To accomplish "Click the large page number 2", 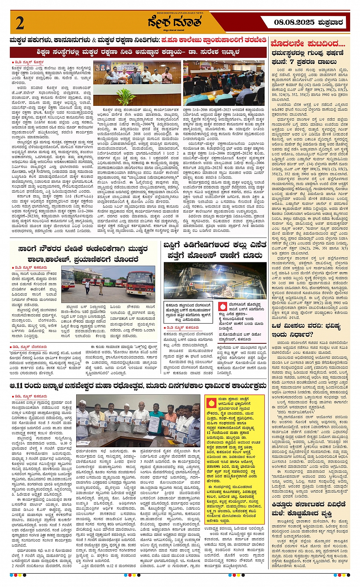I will click(x=20, y=23).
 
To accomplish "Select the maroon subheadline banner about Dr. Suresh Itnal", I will click(x=138, y=52).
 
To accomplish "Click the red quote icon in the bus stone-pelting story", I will click(x=224, y=306).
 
